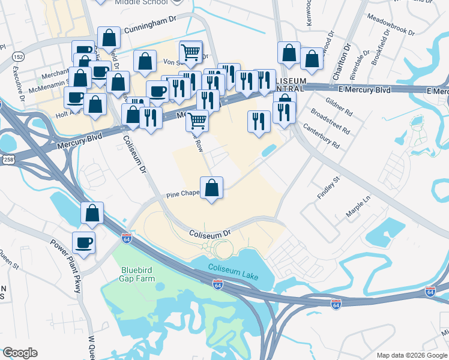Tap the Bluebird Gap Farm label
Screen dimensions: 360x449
tap(137, 274)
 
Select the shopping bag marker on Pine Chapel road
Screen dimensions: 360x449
tap(211, 188)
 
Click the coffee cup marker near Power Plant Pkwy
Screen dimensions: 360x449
tap(83, 243)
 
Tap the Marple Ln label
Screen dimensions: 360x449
tap(358, 206)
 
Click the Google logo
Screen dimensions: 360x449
tap(20, 353)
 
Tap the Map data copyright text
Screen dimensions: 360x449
tap(412, 355)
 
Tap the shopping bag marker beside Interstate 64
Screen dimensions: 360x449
tap(92, 212)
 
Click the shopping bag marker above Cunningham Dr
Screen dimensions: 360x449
tap(109, 38)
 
